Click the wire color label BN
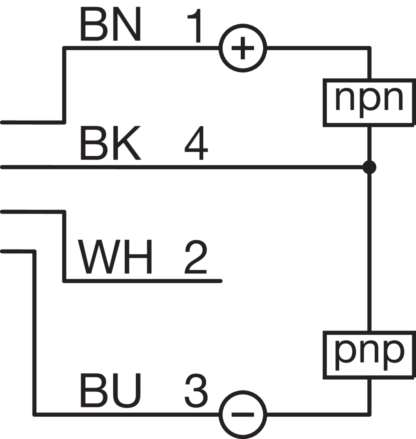pyautogui.click(x=111, y=24)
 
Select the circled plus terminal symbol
pyautogui.click(x=242, y=48)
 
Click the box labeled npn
pyautogui.click(x=369, y=102)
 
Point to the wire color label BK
pyautogui.click(x=111, y=144)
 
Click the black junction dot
pyautogui.click(x=369, y=167)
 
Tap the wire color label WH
pyautogui.click(x=115, y=256)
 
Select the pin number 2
pyautogui.click(x=196, y=256)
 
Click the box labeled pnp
pyautogui.click(x=369, y=354)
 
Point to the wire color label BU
pyautogui.click(x=111, y=390)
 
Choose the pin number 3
pyautogui.click(x=196, y=391)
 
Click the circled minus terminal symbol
pyautogui.click(x=242, y=414)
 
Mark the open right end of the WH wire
pyautogui.click(x=220, y=281)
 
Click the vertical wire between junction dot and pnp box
pyautogui.click(x=369, y=250)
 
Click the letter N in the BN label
pyautogui.click(x=127, y=24)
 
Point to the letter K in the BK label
pyautogui.click(x=127, y=144)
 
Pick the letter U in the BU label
pyautogui.click(x=127, y=390)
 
